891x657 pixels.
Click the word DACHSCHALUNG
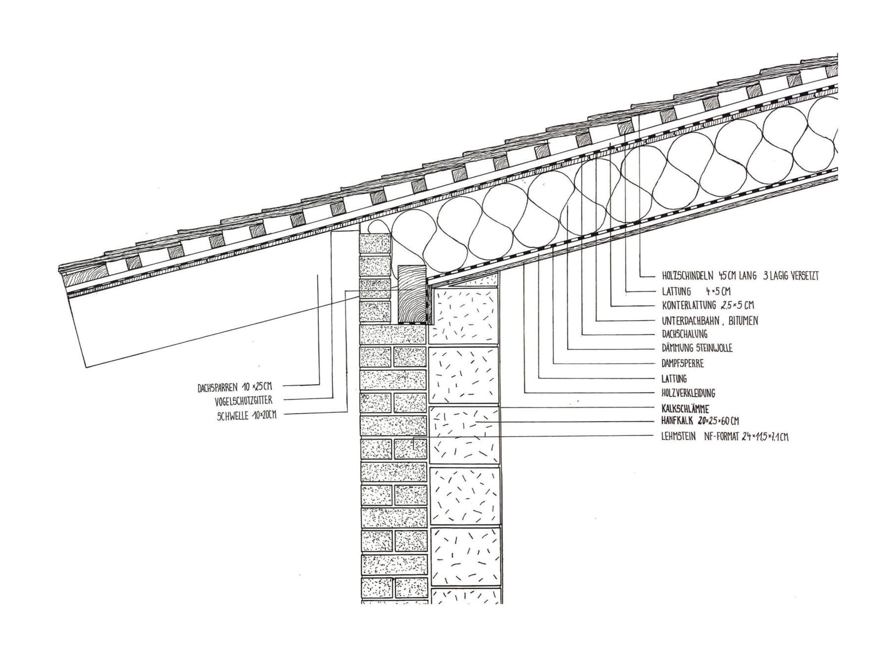coord(684,334)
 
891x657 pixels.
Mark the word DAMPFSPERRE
coord(682,364)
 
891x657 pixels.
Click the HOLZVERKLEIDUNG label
coord(688,394)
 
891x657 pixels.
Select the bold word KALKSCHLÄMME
coord(685,409)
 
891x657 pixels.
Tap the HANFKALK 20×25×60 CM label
coord(700,421)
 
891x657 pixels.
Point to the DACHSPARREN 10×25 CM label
coord(235,386)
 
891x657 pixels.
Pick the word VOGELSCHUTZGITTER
coord(243,400)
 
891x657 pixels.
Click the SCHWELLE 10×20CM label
coord(246,415)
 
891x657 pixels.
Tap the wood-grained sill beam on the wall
coord(412,294)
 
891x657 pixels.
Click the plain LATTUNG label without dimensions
coord(674,379)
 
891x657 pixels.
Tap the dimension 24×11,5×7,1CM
coord(764,437)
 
